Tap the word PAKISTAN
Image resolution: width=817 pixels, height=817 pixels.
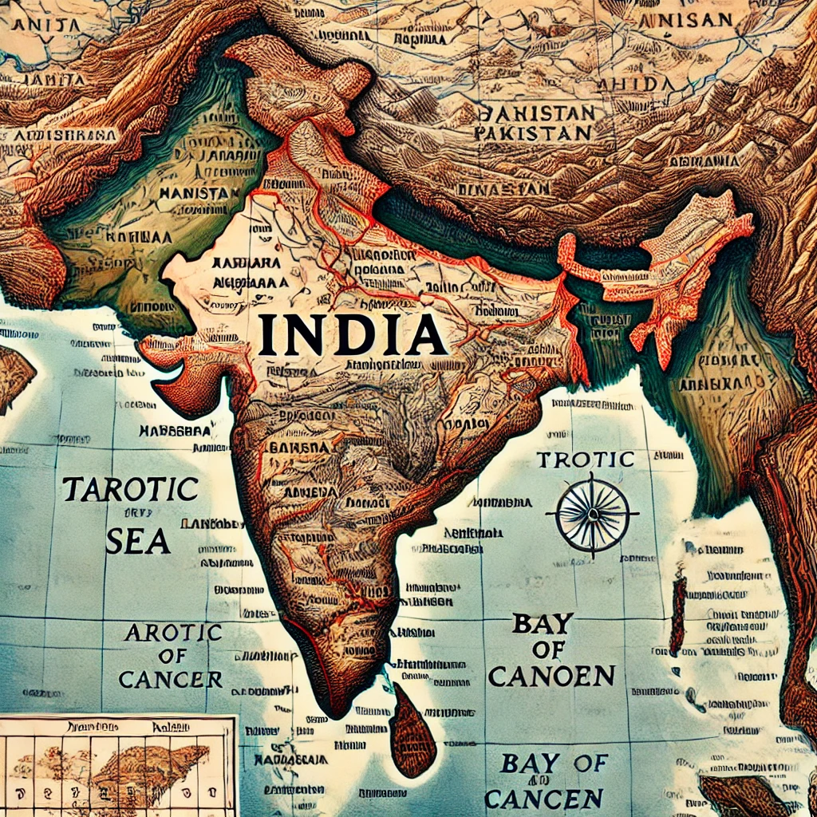533,132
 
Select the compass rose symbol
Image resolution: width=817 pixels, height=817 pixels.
592,514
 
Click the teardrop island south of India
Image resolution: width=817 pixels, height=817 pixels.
412,732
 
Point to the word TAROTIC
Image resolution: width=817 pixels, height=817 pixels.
129,489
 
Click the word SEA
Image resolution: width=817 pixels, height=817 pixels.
137,541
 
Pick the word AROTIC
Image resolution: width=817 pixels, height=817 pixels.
172,633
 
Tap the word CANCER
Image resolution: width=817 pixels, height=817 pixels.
170,679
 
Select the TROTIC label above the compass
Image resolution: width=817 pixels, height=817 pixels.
586,460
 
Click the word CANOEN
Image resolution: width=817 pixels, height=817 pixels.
551,676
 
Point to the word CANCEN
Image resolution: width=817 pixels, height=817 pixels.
543,797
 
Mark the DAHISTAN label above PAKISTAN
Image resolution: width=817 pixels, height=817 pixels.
534,112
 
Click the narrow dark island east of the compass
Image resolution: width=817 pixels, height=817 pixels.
678,614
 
